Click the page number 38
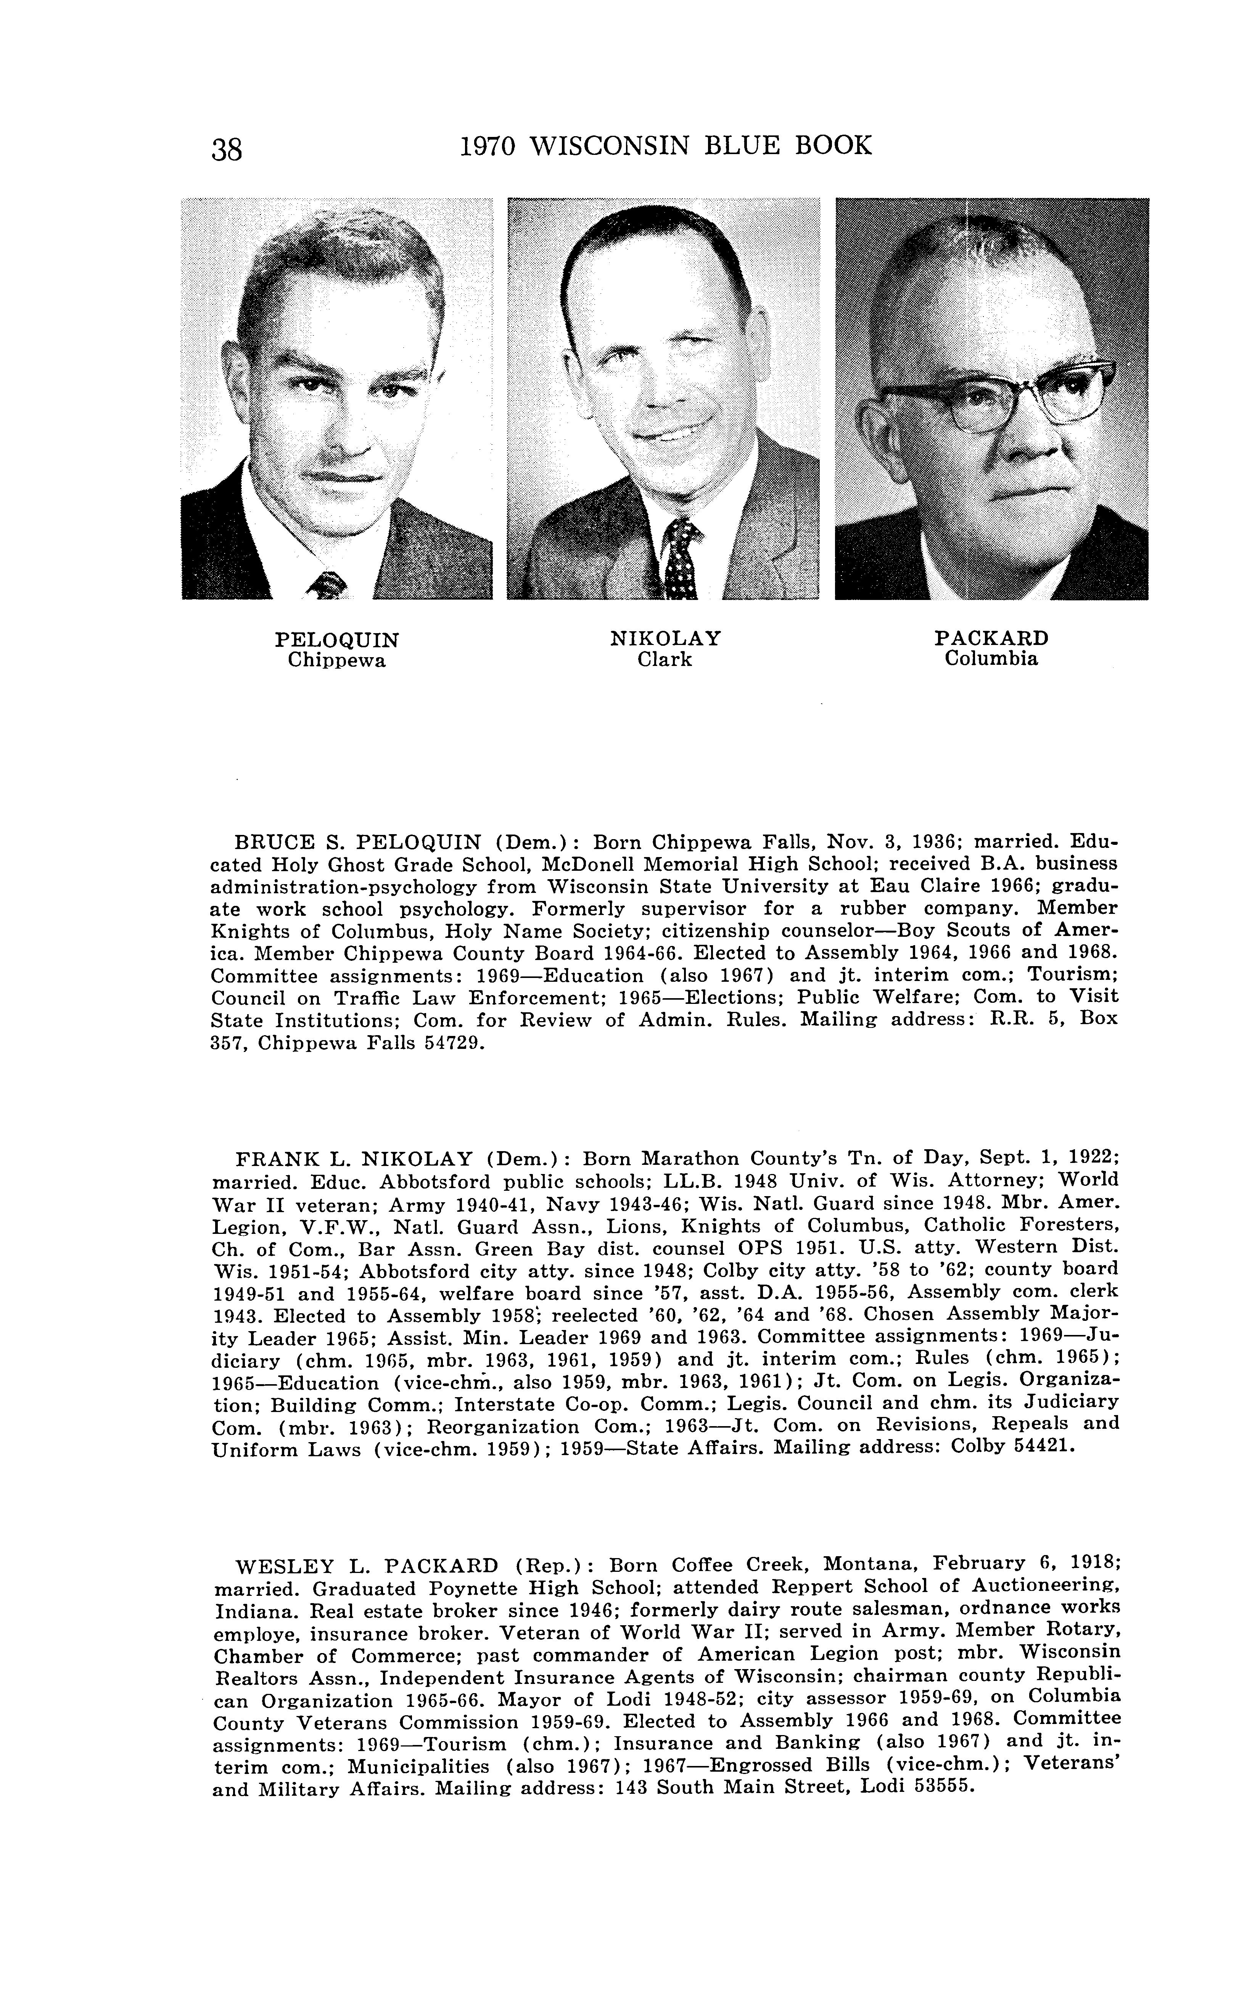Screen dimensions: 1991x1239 [x=227, y=149]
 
